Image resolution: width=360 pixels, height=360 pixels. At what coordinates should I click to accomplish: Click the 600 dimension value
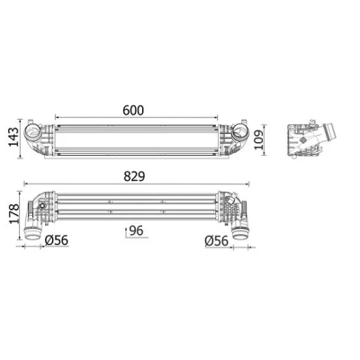coord(133,111)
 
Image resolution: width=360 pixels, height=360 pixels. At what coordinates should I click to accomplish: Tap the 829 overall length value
coord(134,176)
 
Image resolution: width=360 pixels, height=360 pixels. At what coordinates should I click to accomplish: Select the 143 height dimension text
coord(13,137)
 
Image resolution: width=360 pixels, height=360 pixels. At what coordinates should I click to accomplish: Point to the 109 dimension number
coord(257,139)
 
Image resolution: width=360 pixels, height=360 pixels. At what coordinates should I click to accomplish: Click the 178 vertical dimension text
coord(13,214)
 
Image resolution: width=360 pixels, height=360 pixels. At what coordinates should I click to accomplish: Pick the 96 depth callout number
coord(137,230)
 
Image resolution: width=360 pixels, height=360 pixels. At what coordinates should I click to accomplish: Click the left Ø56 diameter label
coord(57,240)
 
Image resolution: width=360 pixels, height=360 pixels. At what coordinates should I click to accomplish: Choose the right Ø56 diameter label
coord(217,240)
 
